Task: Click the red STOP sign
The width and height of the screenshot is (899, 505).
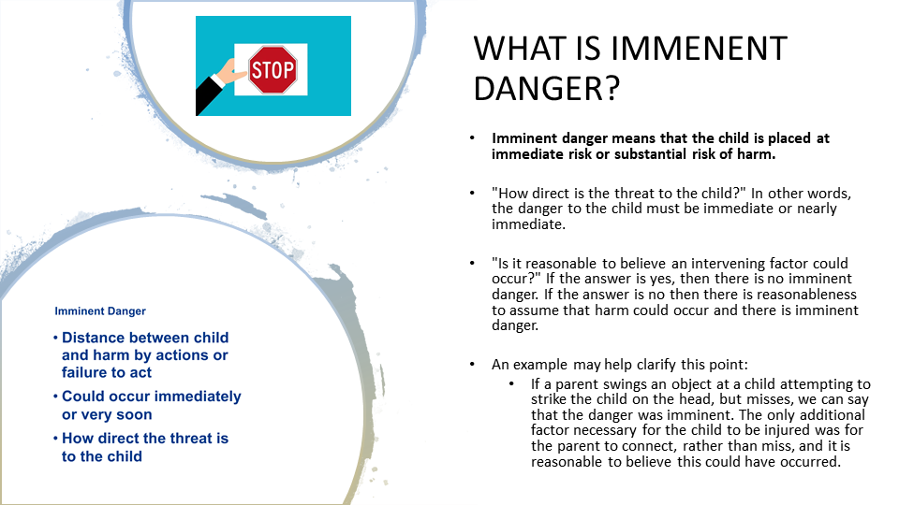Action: tap(273, 70)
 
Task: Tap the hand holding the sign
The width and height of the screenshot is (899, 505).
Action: tap(231, 73)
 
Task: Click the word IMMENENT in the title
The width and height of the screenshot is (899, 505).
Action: tap(699, 49)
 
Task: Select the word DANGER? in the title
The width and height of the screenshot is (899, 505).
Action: tap(546, 89)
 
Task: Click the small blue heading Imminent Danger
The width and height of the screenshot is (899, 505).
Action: tap(100, 310)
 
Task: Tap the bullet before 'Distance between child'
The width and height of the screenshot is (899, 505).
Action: tap(55, 338)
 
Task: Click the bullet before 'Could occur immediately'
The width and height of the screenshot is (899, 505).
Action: tap(55, 397)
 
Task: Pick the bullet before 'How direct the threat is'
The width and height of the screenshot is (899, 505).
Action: tap(55, 439)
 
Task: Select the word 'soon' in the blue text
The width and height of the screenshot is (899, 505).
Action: tap(135, 414)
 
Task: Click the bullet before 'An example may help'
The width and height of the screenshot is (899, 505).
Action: tap(472, 365)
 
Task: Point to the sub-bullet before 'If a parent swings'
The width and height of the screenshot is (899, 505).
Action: tap(511, 384)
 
